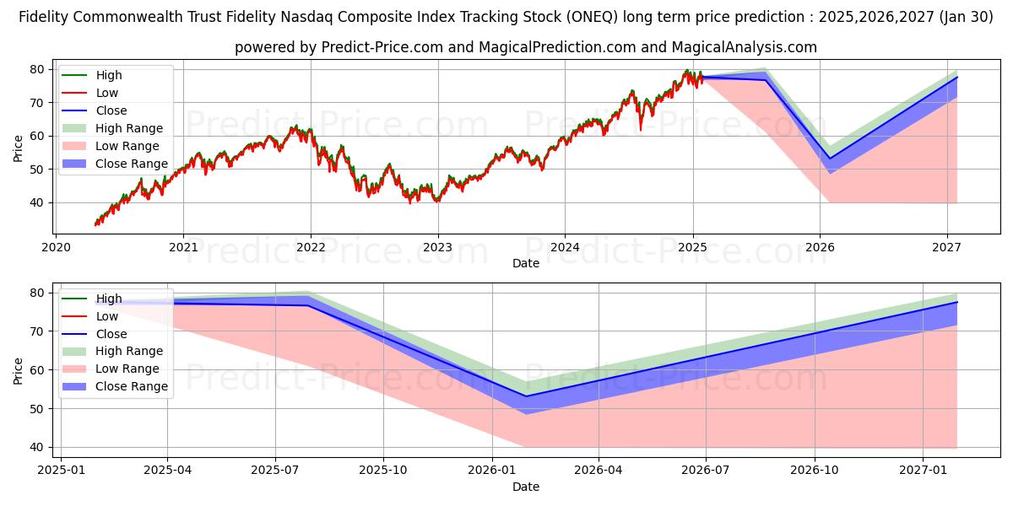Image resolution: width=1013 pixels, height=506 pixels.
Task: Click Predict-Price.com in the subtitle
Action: click(x=382, y=47)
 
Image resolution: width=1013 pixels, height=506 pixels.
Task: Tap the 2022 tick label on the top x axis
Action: click(x=311, y=247)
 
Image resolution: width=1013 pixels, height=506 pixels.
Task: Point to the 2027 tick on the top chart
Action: click(x=946, y=247)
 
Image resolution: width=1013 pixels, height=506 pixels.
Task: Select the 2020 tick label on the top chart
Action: click(x=56, y=247)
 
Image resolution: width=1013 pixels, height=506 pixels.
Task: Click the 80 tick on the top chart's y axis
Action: click(x=38, y=69)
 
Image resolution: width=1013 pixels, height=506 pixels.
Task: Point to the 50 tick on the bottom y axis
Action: click(x=38, y=409)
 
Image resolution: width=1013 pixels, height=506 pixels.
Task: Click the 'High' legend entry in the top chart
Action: click(x=109, y=75)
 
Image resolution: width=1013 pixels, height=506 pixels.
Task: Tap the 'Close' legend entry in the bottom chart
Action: click(x=111, y=334)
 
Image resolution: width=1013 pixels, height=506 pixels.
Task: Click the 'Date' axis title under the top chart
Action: click(x=526, y=263)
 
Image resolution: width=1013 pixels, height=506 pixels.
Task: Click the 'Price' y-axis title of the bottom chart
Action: click(x=19, y=370)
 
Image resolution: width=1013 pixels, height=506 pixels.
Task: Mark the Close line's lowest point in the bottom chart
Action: click(x=526, y=396)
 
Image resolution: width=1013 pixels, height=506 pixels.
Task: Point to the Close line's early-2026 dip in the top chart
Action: click(x=830, y=159)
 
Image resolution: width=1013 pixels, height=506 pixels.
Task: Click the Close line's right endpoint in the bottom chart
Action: click(x=957, y=302)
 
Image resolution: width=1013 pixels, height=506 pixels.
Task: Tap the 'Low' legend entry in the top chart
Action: click(x=107, y=93)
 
